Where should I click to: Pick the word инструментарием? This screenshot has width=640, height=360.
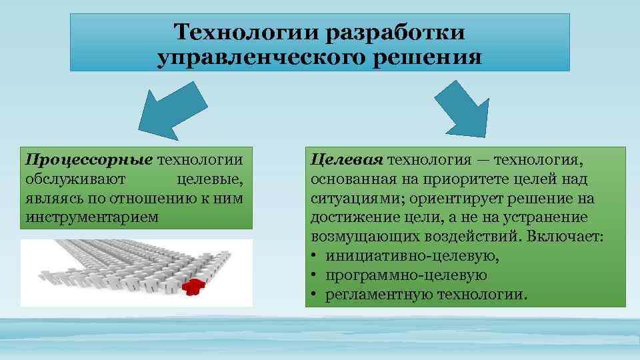[93, 217]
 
